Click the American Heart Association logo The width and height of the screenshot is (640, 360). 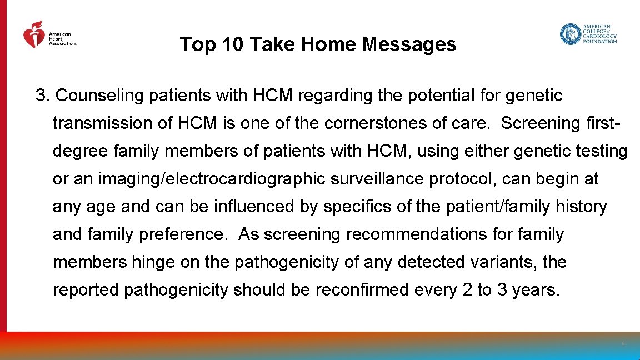click(x=49, y=36)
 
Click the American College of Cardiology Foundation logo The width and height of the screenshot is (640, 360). click(x=588, y=34)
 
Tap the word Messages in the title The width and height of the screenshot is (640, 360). click(x=409, y=44)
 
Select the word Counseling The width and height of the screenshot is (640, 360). click(x=100, y=96)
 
